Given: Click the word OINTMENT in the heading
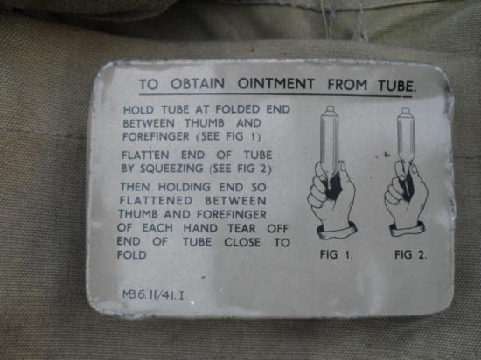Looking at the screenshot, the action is pos(276,84).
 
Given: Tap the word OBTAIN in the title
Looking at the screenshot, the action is pos(198,84).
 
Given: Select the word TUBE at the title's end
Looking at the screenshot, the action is pos(396,86).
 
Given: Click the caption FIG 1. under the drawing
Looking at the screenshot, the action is pos(336,254).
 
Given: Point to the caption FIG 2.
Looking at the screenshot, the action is pos(410,254).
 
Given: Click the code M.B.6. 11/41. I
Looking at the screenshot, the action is pos(153,295).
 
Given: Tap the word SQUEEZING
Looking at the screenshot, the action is pos(171,169).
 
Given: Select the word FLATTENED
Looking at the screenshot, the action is pos(156,201).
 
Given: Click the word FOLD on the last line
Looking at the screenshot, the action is pos(132,254).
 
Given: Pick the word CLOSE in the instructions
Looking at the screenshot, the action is pos(242,242).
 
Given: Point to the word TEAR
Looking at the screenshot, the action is pos(241,229).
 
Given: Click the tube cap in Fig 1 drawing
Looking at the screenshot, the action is pos(330,109).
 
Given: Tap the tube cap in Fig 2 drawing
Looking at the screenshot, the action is pos(406,111).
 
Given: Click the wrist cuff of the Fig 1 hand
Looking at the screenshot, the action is pos(337,232).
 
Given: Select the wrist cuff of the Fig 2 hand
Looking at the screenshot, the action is pos(408,230).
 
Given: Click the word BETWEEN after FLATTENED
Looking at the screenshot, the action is pos(235,201).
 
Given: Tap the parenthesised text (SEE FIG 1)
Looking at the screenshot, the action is pos(228,136).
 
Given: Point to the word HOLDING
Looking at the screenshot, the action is pos(184,187).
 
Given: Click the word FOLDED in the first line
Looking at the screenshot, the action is pos(237,109).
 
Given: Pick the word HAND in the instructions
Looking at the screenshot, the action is pos(200,228).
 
